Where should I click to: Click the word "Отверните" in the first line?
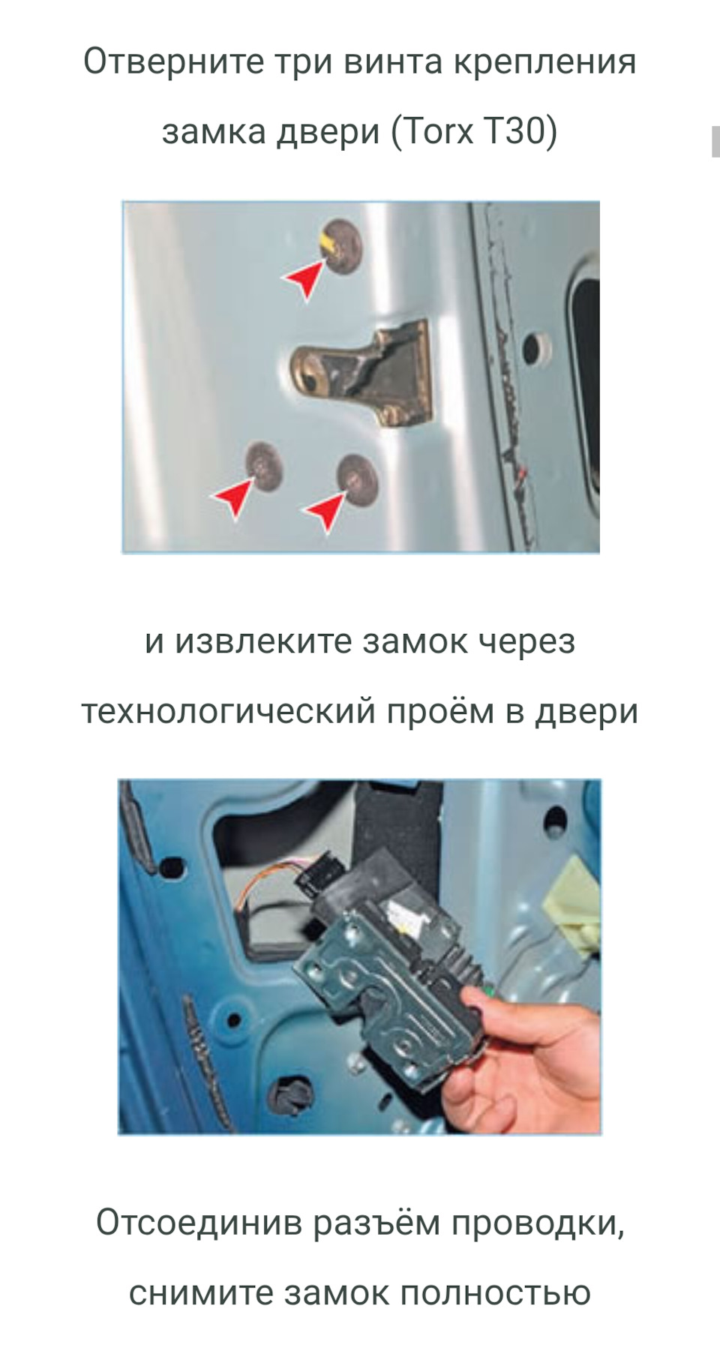pyautogui.click(x=173, y=62)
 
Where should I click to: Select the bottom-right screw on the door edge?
pyautogui.click(x=356, y=478)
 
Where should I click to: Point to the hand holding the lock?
pyautogui.click(x=525, y=1058)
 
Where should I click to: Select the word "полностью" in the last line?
pyautogui.click(x=495, y=1293)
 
